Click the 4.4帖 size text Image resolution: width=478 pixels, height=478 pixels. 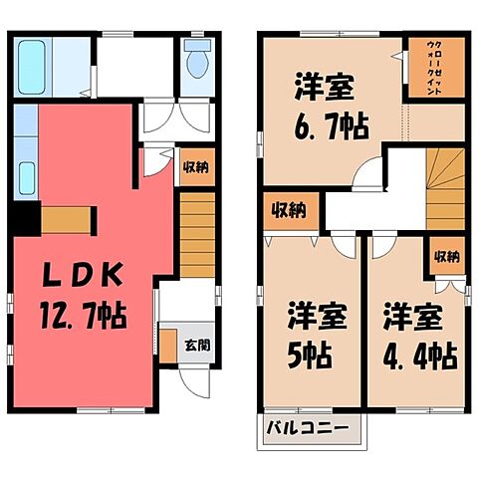[x=417, y=355]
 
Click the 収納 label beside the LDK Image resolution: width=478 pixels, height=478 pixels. [x=196, y=167]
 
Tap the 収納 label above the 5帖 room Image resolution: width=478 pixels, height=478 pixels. [x=291, y=210]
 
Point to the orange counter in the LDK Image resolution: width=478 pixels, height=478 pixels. [x=67, y=218]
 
